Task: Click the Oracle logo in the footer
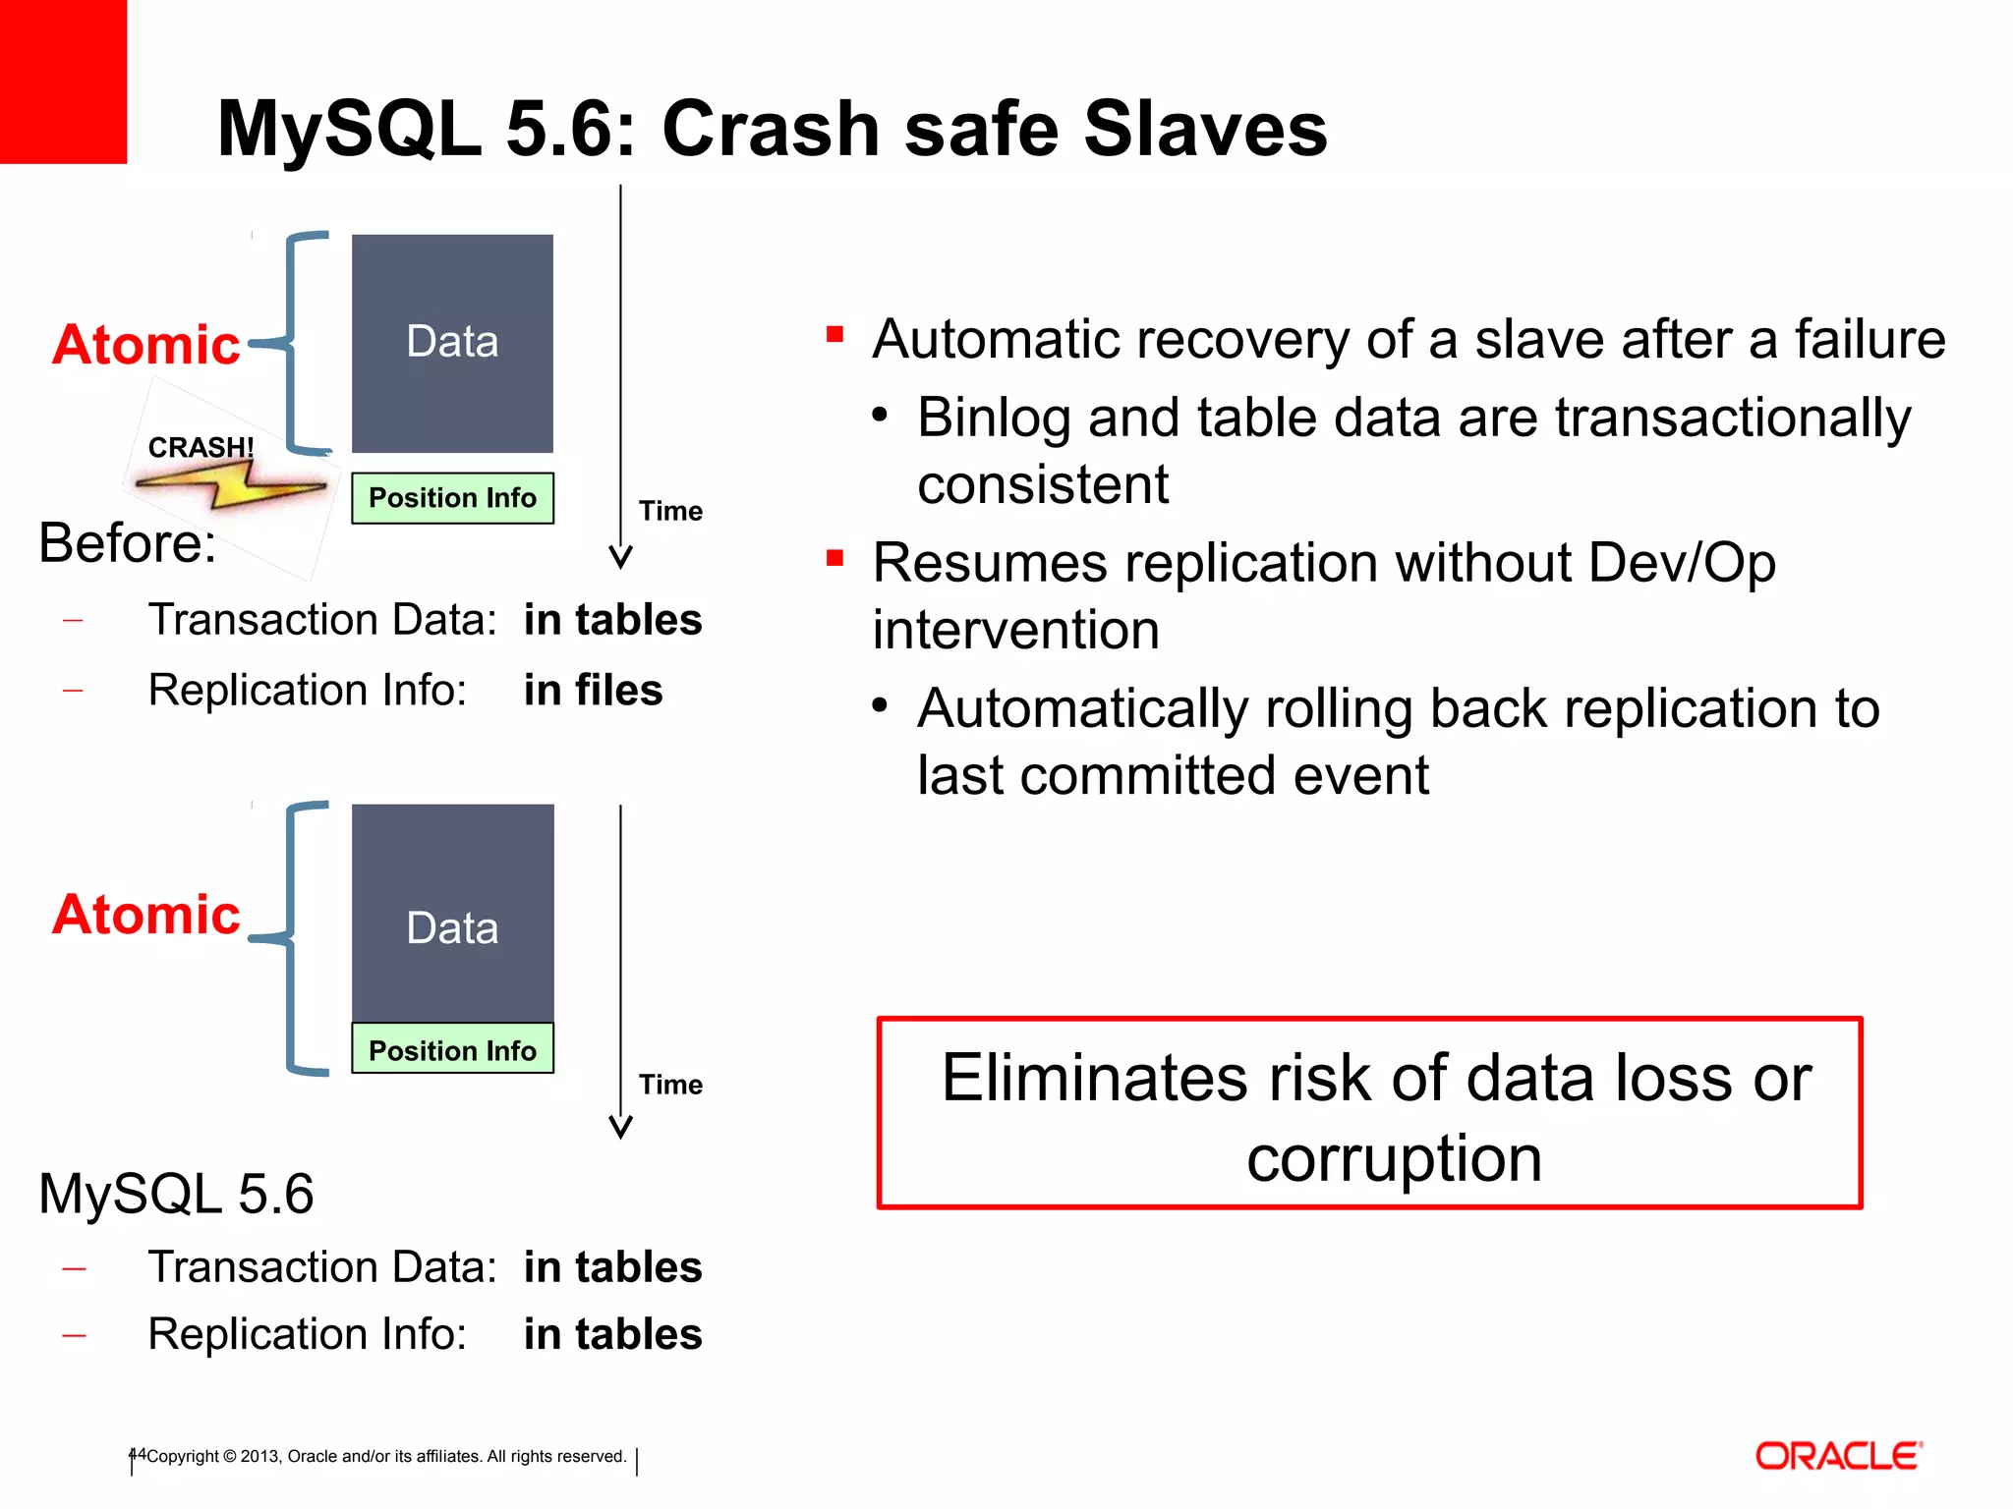click(1838, 1456)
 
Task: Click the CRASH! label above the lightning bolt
click(201, 447)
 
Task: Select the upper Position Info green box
click(452, 498)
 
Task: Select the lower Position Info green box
click(452, 1050)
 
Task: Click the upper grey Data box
click(452, 342)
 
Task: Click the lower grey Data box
click(452, 914)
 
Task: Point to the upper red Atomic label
click(145, 345)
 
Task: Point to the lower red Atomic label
click(145, 915)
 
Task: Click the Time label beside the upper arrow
click(670, 511)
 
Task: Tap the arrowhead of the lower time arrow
click(620, 1128)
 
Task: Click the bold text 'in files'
click(593, 690)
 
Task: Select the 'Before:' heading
click(127, 542)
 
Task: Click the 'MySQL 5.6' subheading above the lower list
click(176, 1194)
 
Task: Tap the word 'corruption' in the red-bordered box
click(1394, 1158)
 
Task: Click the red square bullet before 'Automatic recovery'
click(835, 334)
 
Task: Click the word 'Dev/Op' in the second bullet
click(1682, 563)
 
